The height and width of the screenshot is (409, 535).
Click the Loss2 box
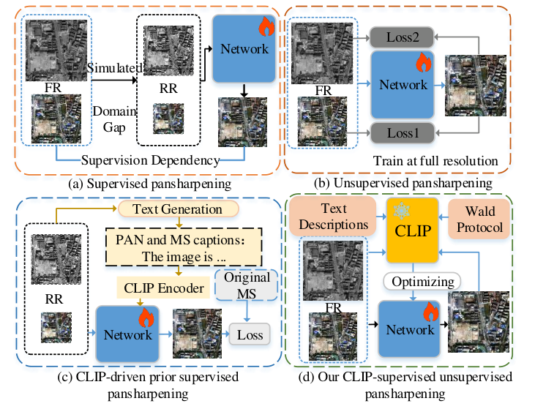click(x=402, y=37)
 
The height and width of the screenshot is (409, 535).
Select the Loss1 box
click(x=403, y=132)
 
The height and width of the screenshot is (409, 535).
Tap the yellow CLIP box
click(x=413, y=230)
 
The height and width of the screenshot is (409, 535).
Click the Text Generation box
click(x=178, y=209)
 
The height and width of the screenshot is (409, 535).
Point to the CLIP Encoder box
click(x=163, y=288)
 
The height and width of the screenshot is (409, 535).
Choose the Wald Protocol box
click(x=479, y=219)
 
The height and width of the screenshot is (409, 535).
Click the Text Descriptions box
click(x=333, y=216)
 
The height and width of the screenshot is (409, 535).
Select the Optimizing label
click(x=422, y=282)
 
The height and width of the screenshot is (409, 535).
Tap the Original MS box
click(x=247, y=285)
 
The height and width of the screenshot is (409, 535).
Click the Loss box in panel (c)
click(x=250, y=334)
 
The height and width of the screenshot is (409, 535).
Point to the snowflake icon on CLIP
click(x=401, y=211)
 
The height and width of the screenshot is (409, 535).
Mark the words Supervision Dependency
click(x=151, y=160)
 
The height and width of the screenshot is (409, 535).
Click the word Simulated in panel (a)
click(x=115, y=68)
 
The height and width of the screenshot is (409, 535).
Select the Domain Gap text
click(x=115, y=119)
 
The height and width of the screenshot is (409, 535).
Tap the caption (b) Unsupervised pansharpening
click(x=403, y=184)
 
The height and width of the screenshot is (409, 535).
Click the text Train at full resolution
click(x=435, y=161)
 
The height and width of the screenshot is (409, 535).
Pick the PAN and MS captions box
click(x=184, y=247)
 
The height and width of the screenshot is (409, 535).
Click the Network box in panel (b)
click(x=403, y=85)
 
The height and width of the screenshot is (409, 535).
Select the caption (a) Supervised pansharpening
click(x=150, y=184)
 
